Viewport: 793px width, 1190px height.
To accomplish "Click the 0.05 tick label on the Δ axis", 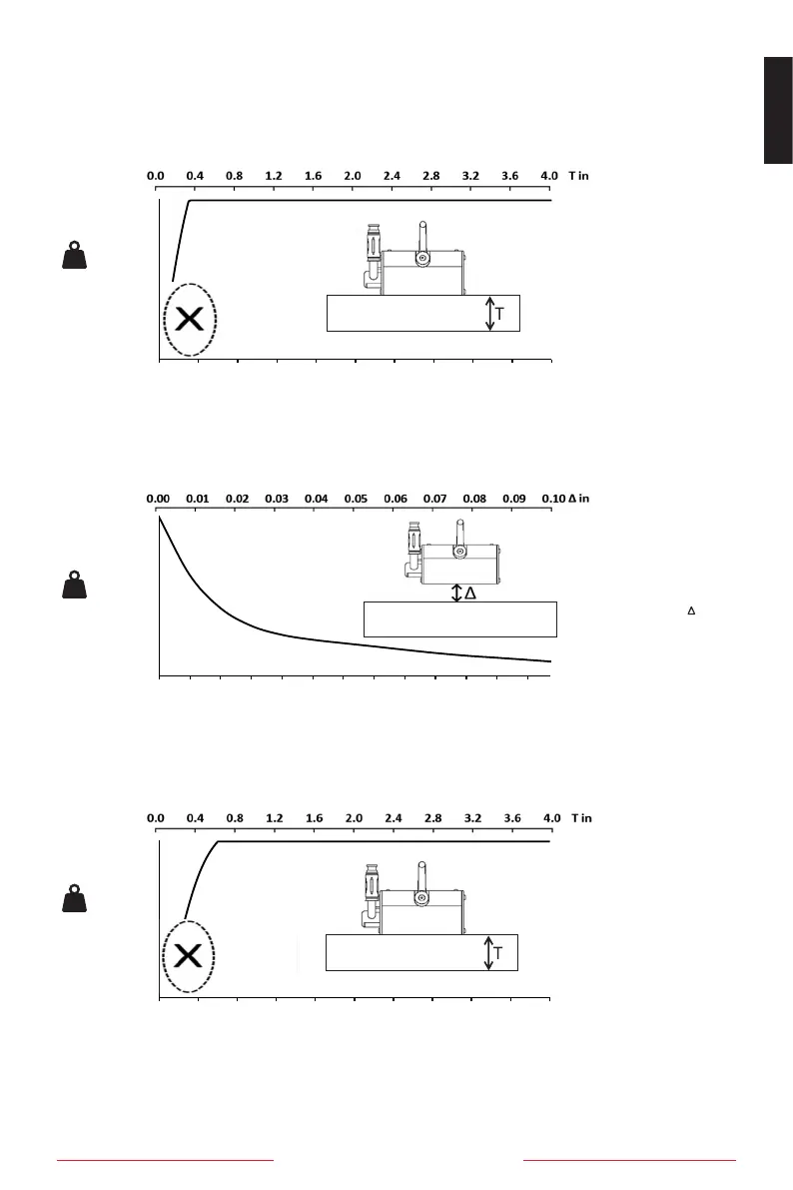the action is tap(356, 498).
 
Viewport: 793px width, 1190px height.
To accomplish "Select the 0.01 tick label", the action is tap(197, 498).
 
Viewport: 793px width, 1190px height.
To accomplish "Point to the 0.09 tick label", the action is tap(513, 498).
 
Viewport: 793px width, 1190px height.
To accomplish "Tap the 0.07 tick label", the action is tap(434, 498).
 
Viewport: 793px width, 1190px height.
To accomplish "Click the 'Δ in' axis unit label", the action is tap(578, 498).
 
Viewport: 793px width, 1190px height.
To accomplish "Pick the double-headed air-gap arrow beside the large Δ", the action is tap(457, 594).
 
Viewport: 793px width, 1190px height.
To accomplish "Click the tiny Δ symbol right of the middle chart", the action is tap(691, 609).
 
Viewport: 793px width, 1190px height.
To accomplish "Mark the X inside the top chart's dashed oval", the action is tap(190, 320).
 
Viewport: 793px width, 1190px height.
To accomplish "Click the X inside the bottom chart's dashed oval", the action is tap(189, 956).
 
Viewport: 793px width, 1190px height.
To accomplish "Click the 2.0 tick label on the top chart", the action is tap(353, 176).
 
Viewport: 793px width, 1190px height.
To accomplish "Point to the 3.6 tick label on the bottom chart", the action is tap(512, 817).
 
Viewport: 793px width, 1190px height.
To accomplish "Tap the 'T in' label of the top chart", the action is tap(579, 176).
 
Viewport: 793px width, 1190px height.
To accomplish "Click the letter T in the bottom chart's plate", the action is tap(499, 954).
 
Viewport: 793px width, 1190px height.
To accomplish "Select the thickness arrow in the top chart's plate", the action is tap(488, 314).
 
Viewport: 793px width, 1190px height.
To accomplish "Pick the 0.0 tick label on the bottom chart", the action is tap(157, 817).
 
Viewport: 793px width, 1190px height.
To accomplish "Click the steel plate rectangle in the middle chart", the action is tap(459, 619).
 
